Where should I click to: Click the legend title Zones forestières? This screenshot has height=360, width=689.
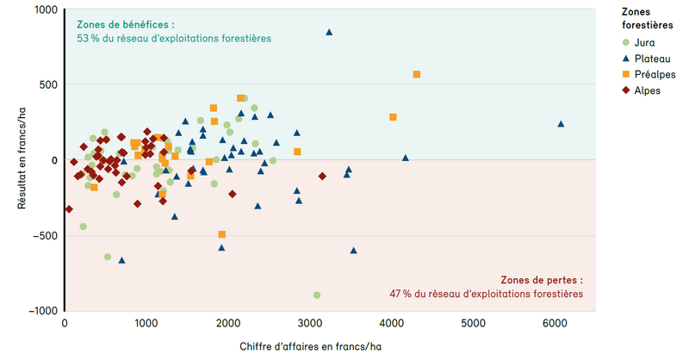[x=648, y=19]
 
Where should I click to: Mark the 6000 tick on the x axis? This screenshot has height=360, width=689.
[x=554, y=324]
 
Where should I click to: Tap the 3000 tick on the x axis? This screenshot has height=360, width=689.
[x=309, y=324]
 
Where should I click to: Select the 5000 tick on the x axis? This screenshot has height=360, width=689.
[x=473, y=324]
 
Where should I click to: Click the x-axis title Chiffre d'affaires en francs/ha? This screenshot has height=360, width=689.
[x=311, y=347]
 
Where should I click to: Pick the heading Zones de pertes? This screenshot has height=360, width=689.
[x=541, y=280]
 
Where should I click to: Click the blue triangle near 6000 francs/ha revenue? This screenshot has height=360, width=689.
[x=561, y=124]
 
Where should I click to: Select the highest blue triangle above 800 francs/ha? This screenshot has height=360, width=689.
[x=329, y=32]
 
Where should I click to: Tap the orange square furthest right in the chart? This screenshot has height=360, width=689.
[x=417, y=75]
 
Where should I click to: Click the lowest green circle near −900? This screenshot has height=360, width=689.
[x=317, y=295]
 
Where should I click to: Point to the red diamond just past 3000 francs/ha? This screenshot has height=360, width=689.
[x=322, y=176]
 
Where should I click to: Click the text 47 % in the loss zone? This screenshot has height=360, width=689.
[x=400, y=295]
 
